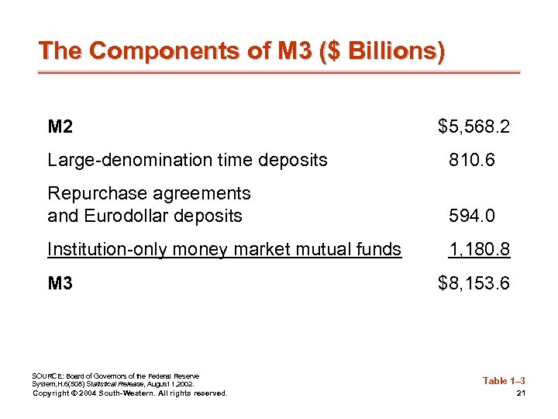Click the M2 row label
(x=60, y=126)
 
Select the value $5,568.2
(x=474, y=126)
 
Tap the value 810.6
(x=471, y=161)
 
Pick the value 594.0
(x=471, y=216)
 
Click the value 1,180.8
(x=479, y=249)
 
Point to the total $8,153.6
(x=474, y=283)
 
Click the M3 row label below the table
(x=60, y=283)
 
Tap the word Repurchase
(x=89, y=192)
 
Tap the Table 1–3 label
(x=504, y=380)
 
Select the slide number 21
(x=521, y=393)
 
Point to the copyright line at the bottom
(x=129, y=393)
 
